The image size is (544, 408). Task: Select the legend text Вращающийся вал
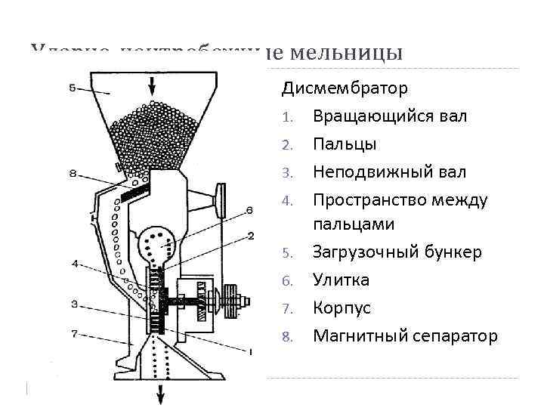pyautogui.click(x=390, y=116)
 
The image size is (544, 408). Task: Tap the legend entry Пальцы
pyautogui.click(x=345, y=144)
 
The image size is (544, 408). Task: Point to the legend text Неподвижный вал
pyautogui.click(x=389, y=172)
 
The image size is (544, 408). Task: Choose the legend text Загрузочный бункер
pyautogui.click(x=397, y=252)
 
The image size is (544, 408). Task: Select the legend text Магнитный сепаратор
pyautogui.click(x=405, y=335)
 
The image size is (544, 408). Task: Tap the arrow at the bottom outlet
pyautogui.click(x=161, y=391)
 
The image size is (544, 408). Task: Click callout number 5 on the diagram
pyautogui.click(x=71, y=88)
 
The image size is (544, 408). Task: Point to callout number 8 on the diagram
pyautogui.click(x=72, y=174)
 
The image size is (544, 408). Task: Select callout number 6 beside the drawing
pyautogui.click(x=249, y=210)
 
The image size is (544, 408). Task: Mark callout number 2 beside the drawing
pyautogui.click(x=250, y=236)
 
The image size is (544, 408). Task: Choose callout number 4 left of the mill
pyautogui.click(x=74, y=264)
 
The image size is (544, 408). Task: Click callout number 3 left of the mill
pyautogui.click(x=73, y=304)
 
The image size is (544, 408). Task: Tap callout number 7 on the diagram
pyautogui.click(x=73, y=333)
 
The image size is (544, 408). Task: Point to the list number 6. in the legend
pyautogui.click(x=286, y=281)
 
